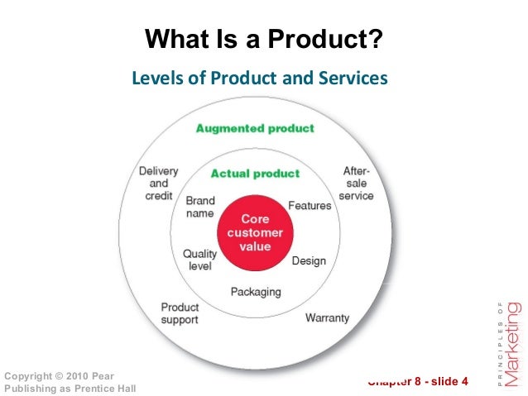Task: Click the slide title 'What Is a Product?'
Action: tap(264, 39)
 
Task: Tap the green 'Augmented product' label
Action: tap(255, 128)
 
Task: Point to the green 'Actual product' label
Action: tap(255, 174)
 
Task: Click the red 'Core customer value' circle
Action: tap(255, 233)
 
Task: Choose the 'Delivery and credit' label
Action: tap(157, 184)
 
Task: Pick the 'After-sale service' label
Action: tap(357, 184)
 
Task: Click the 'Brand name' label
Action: tap(200, 207)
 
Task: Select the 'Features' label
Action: tap(310, 205)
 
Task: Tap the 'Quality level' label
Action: tap(199, 260)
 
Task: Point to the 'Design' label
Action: tap(309, 261)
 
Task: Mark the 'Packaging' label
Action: tap(256, 292)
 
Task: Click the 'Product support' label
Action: tap(180, 313)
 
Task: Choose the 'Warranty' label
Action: tap(327, 317)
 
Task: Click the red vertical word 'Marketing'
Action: tap(513, 335)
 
